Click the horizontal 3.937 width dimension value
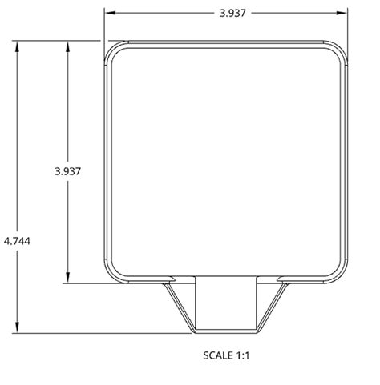point(226,13)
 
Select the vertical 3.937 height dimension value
point(67,171)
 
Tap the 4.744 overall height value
point(17,239)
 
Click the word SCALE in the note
point(217,354)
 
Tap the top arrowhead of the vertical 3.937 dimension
point(67,45)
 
